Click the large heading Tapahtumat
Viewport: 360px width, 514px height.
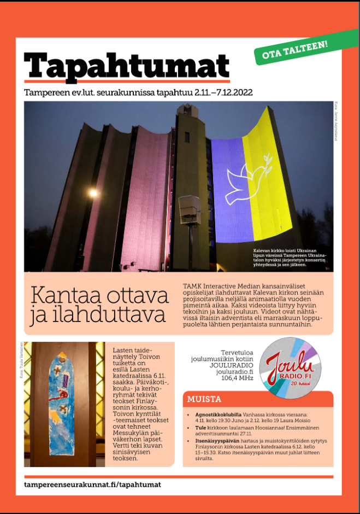click(126, 66)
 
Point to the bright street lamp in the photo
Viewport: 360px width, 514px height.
click(93, 192)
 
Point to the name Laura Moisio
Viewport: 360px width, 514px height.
click(293, 420)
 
